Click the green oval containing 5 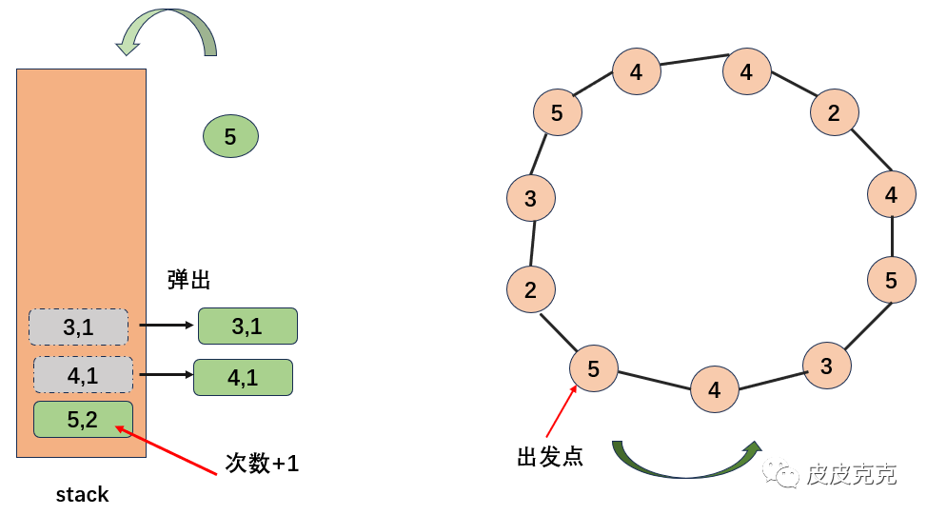tap(230, 136)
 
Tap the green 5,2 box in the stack tap(83, 419)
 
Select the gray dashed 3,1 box tap(78, 327)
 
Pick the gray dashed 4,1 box tap(83, 375)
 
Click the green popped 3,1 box tap(247, 327)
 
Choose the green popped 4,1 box tap(243, 377)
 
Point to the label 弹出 tap(188, 280)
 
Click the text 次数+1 tap(262, 464)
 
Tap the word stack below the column tap(82, 494)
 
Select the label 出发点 tap(549, 457)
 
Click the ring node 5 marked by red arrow tap(594, 368)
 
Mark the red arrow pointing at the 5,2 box tap(171, 449)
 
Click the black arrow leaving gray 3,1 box tap(167, 326)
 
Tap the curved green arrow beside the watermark tap(685, 462)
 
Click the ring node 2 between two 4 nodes tap(834, 113)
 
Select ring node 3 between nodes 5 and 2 tap(530, 199)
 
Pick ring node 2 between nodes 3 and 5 tap(530, 290)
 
